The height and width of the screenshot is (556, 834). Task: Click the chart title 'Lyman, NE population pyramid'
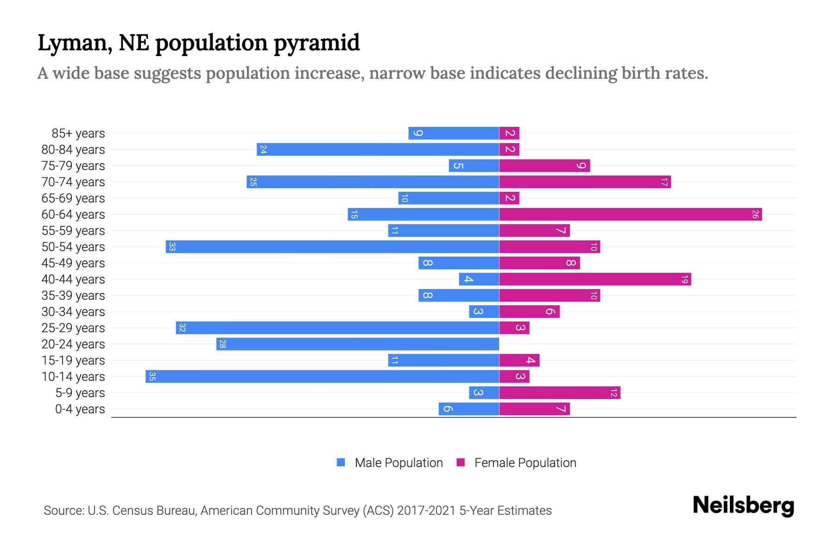tap(198, 43)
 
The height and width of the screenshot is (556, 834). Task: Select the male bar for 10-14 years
tap(322, 376)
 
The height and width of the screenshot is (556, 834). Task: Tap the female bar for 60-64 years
tap(630, 214)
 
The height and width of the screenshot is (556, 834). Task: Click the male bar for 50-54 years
tap(332, 246)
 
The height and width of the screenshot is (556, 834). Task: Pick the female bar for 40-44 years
tap(595, 279)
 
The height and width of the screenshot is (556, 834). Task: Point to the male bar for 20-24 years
tap(357, 344)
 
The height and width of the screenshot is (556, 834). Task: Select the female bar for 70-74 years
tap(585, 182)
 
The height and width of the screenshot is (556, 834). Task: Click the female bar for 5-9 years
tap(560, 392)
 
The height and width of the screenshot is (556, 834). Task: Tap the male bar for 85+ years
tap(454, 133)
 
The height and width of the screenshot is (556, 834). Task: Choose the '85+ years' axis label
tap(78, 133)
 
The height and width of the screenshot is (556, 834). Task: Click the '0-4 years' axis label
tap(80, 409)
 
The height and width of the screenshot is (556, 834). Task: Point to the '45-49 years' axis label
tap(73, 263)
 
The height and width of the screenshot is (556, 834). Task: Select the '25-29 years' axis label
tap(73, 328)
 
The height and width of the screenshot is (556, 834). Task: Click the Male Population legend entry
tap(390, 462)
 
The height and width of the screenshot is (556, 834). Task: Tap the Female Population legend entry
tap(517, 462)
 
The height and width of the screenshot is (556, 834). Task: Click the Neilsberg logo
tap(743, 505)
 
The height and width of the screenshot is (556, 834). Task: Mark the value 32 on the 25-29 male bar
tap(182, 328)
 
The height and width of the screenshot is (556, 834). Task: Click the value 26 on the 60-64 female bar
tap(755, 214)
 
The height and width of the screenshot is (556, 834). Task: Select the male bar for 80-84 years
tap(378, 149)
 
